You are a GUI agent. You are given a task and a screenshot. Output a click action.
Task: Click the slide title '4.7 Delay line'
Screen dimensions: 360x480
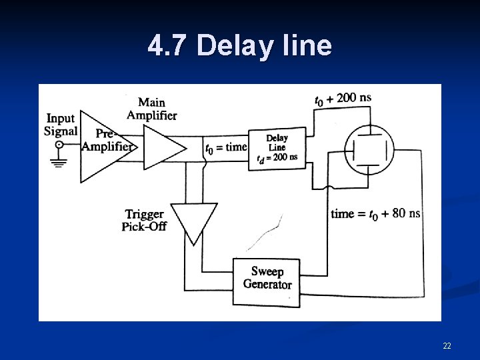pyautogui.click(x=239, y=45)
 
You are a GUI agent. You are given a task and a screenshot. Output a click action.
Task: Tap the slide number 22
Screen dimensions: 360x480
pyautogui.click(x=447, y=345)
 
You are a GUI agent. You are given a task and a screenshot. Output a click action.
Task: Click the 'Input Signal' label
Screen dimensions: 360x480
pyautogui.click(x=61, y=125)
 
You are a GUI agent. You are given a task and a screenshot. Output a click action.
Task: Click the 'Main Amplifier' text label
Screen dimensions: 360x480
pyautogui.click(x=151, y=109)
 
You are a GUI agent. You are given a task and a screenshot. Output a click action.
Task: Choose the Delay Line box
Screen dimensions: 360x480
pyautogui.click(x=277, y=148)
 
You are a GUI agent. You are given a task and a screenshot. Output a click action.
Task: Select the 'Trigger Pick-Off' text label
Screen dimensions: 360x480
pyautogui.click(x=144, y=220)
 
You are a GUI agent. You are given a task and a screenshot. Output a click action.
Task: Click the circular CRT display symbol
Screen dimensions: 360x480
pyautogui.click(x=369, y=149)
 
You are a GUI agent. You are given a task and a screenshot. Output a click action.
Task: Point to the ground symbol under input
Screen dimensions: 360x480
pyautogui.click(x=60, y=161)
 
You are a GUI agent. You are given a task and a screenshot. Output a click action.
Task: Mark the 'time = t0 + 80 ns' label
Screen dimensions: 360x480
pyautogui.click(x=375, y=213)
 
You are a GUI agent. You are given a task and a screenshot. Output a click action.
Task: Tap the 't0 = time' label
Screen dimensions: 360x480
pyautogui.click(x=226, y=147)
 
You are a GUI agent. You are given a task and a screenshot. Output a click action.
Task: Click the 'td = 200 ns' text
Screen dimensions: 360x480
pyautogui.click(x=277, y=158)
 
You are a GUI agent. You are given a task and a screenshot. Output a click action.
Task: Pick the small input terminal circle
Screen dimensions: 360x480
pyautogui.click(x=59, y=145)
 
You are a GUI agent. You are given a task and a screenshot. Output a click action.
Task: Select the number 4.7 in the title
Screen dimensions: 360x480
pyautogui.click(x=169, y=45)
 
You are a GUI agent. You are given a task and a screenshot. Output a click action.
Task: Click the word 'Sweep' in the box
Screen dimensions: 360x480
pyautogui.click(x=267, y=271)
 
